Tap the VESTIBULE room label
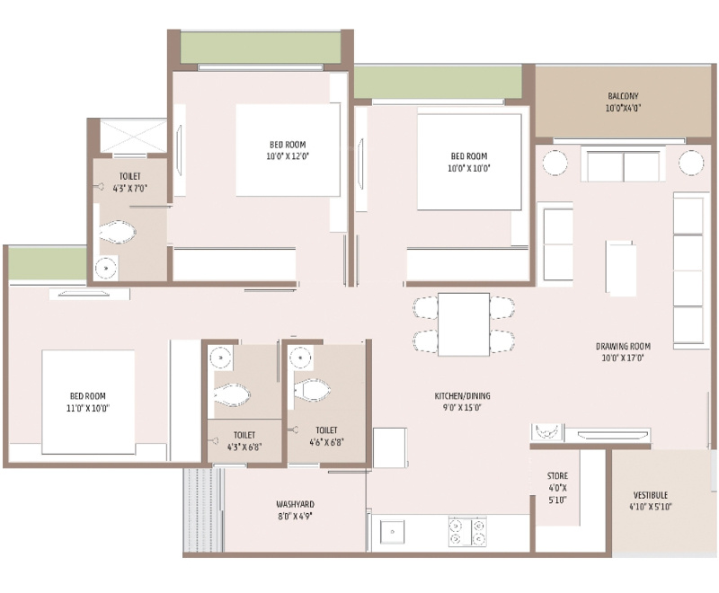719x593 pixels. (650, 494)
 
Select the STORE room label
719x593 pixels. (557, 476)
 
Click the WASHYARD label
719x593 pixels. (295, 504)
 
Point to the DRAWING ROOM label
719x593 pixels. (623, 346)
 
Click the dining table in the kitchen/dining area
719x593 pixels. (464, 323)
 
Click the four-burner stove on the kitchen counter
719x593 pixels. (467, 531)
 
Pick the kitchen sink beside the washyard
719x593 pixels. (391, 532)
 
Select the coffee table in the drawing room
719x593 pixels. (621, 267)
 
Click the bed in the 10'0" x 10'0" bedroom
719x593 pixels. (469, 162)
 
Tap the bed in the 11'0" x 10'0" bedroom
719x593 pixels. (88, 402)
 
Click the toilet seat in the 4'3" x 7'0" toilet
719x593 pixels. (117, 234)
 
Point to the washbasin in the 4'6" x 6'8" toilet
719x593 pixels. (300, 357)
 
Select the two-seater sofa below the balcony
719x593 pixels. (623, 165)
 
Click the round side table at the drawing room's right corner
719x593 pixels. (691, 163)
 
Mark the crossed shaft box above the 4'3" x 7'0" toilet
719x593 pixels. (133, 136)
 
